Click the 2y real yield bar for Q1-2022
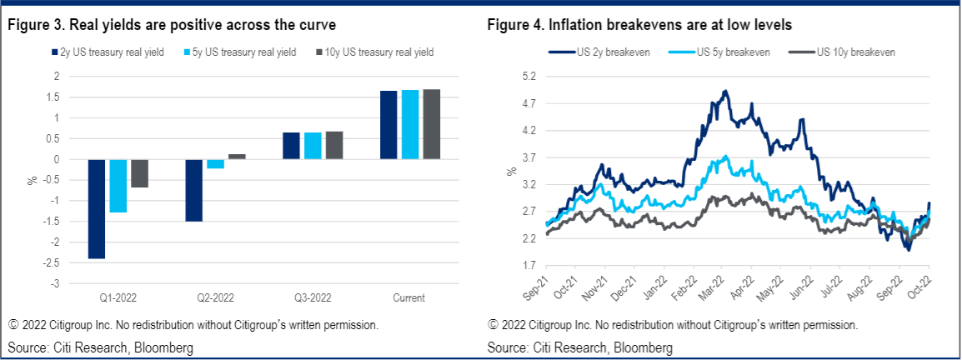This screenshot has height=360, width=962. pos(96,208)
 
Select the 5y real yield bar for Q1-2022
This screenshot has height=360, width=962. pos(118,186)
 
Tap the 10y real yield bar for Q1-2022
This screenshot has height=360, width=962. pos(139,173)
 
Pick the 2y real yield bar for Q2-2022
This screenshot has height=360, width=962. pos(193,190)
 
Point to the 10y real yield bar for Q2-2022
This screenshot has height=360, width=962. pos(237,157)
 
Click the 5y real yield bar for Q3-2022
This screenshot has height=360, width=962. pos(313,146)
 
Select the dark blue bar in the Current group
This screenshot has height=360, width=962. pos(388,125)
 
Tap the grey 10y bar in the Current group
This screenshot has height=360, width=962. pos(431,124)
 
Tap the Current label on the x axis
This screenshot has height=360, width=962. pos(409,297)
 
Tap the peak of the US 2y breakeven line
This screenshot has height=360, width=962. pos(726,91)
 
